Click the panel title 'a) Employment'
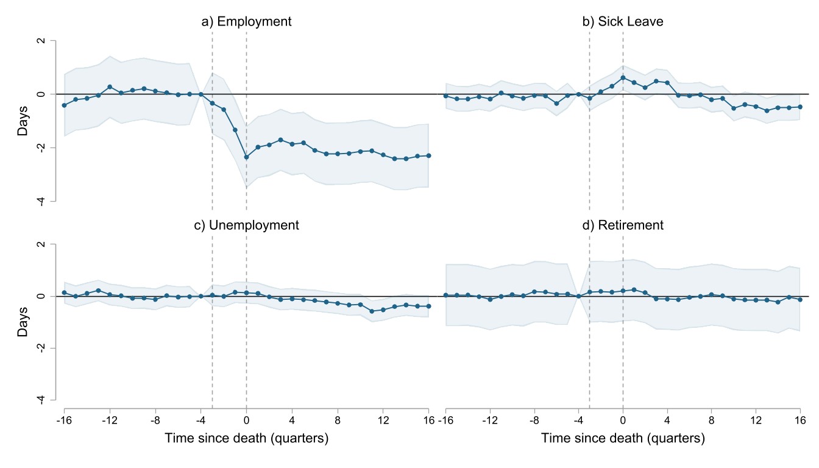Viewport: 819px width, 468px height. coord(247,22)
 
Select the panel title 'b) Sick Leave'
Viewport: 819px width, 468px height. coord(623,22)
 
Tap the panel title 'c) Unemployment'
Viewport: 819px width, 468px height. coord(247,225)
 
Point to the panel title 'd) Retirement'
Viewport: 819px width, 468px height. coord(623,225)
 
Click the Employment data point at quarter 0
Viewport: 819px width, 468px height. coord(246,157)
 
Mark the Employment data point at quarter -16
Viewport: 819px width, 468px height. coord(64,105)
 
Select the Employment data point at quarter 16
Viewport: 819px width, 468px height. coord(428,155)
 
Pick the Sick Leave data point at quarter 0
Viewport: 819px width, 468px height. coord(623,77)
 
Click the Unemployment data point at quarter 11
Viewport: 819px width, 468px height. coord(372,311)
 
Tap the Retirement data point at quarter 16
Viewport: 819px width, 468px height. coord(800,300)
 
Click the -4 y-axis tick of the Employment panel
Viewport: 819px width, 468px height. coord(41,202)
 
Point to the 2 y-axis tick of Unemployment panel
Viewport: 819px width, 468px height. coord(41,244)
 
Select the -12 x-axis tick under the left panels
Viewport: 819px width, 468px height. coord(110,420)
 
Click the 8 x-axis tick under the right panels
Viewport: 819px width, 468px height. coord(711,420)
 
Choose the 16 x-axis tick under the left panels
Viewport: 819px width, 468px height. coord(428,420)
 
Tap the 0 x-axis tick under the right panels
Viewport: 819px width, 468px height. coord(623,420)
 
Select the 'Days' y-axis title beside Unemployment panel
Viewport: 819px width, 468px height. coord(23,324)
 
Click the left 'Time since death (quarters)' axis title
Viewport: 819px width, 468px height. coord(247,439)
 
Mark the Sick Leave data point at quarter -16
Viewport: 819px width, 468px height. coord(445,96)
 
